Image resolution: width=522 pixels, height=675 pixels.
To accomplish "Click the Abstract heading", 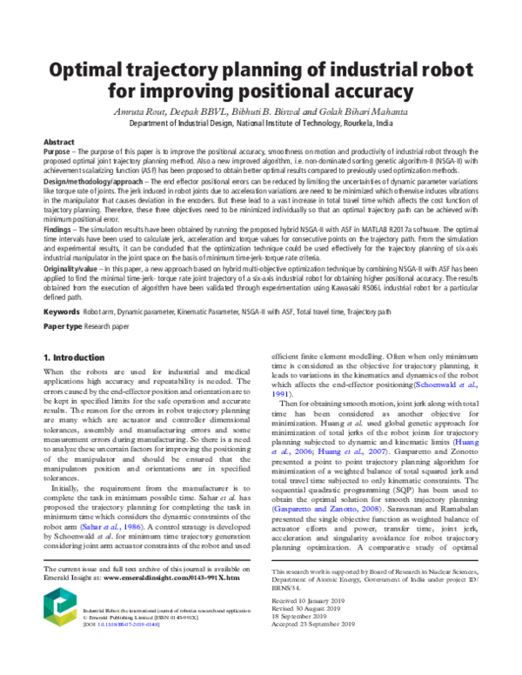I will coord(59,141).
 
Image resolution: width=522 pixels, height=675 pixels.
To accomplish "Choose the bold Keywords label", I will coord(61,311).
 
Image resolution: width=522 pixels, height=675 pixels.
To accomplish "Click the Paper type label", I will coord(64,326).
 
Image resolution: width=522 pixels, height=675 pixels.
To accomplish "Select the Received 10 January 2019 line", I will coord(310,601).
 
